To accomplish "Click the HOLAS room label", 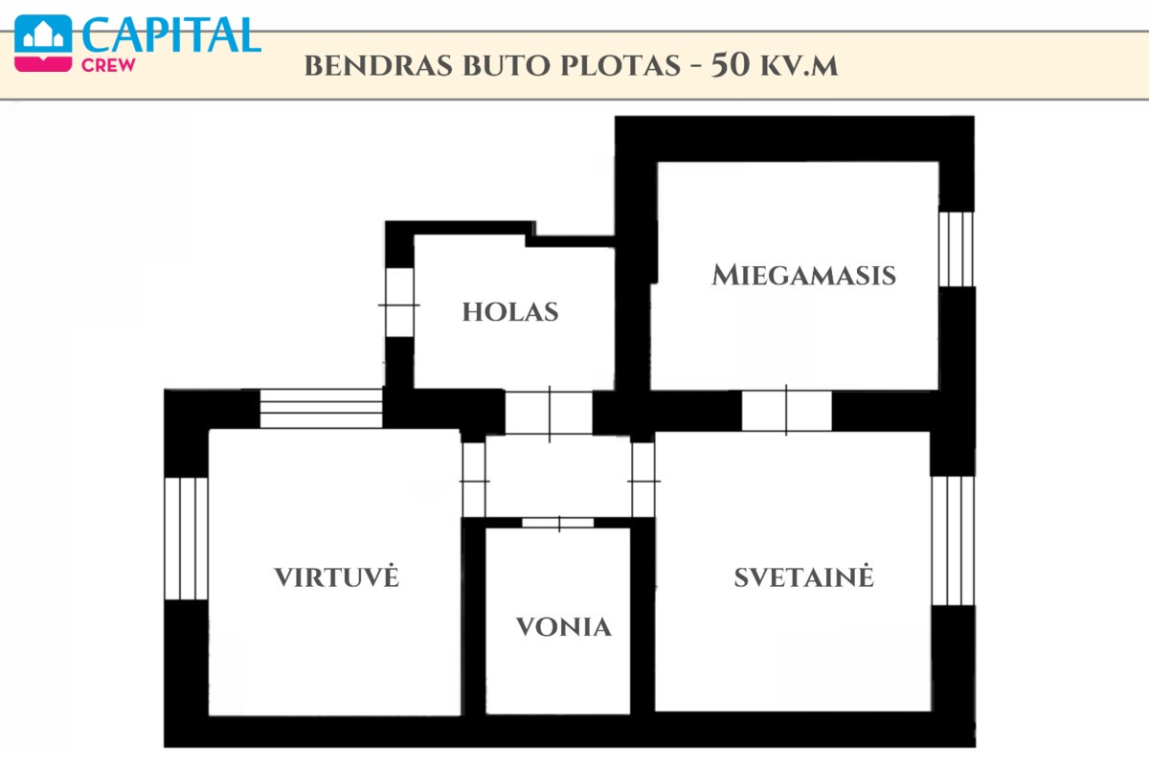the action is [x=510, y=312].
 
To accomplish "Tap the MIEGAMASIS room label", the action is [x=803, y=275].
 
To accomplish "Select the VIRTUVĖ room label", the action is [x=336, y=576].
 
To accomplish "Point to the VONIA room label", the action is [x=564, y=627].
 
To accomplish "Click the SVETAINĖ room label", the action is [x=803, y=576].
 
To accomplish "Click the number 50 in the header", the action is [x=730, y=65].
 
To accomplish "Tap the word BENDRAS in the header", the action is [x=378, y=66].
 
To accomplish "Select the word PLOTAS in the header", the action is [x=620, y=66].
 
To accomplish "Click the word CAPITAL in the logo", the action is [x=171, y=34].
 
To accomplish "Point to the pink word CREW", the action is [x=108, y=65].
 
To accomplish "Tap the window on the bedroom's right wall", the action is [x=957, y=249].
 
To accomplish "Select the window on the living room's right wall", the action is [x=953, y=541].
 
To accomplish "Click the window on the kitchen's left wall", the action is [x=186, y=538].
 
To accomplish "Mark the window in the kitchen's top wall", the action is [x=321, y=408].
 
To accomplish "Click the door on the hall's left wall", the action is [x=399, y=303].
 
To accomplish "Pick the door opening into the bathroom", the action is [x=558, y=523].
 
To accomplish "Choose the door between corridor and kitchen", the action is [x=474, y=480].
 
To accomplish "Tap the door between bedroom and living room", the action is [x=786, y=411].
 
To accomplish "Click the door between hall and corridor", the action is [x=549, y=414].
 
